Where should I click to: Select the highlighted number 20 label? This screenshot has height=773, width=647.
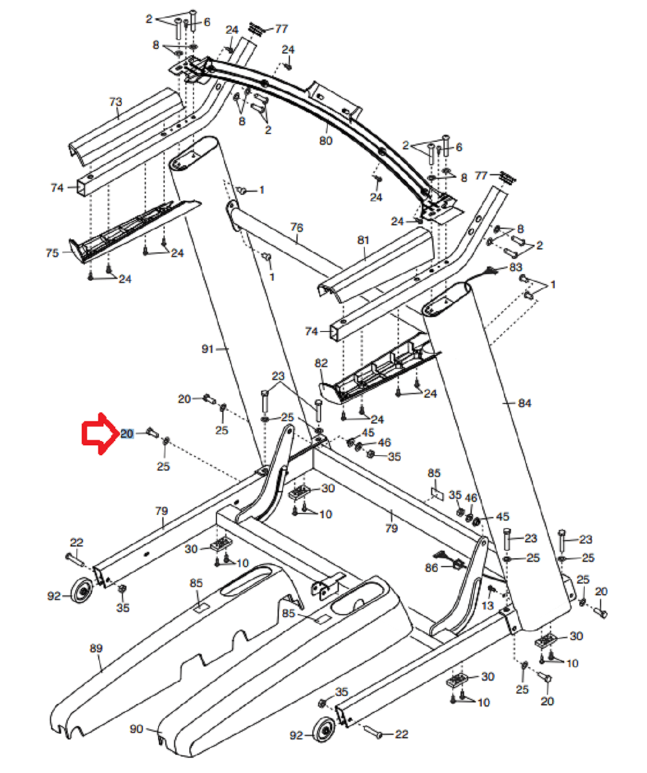[x=126, y=434]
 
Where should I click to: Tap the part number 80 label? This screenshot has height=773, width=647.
[x=326, y=141]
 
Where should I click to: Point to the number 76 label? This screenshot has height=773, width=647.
[x=296, y=227]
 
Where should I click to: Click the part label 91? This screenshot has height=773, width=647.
[x=208, y=349]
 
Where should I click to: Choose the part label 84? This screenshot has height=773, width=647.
[x=525, y=403]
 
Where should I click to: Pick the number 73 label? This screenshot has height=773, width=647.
[x=115, y=101]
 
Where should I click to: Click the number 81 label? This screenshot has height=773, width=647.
[x=363, y=240]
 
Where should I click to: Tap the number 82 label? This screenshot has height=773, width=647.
[x=321, y=363]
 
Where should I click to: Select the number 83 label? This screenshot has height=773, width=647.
[x=516, y=267]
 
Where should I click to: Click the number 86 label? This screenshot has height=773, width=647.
[x=431, y=568]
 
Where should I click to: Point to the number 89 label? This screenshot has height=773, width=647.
[x=96, y=648]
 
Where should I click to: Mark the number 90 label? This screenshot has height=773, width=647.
[x=136, y=729]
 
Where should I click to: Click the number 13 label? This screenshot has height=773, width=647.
[x=488, y=605]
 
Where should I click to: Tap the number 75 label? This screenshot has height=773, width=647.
[x=52, y=253]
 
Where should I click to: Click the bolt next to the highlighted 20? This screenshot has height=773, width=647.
[x=152, y=432]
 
